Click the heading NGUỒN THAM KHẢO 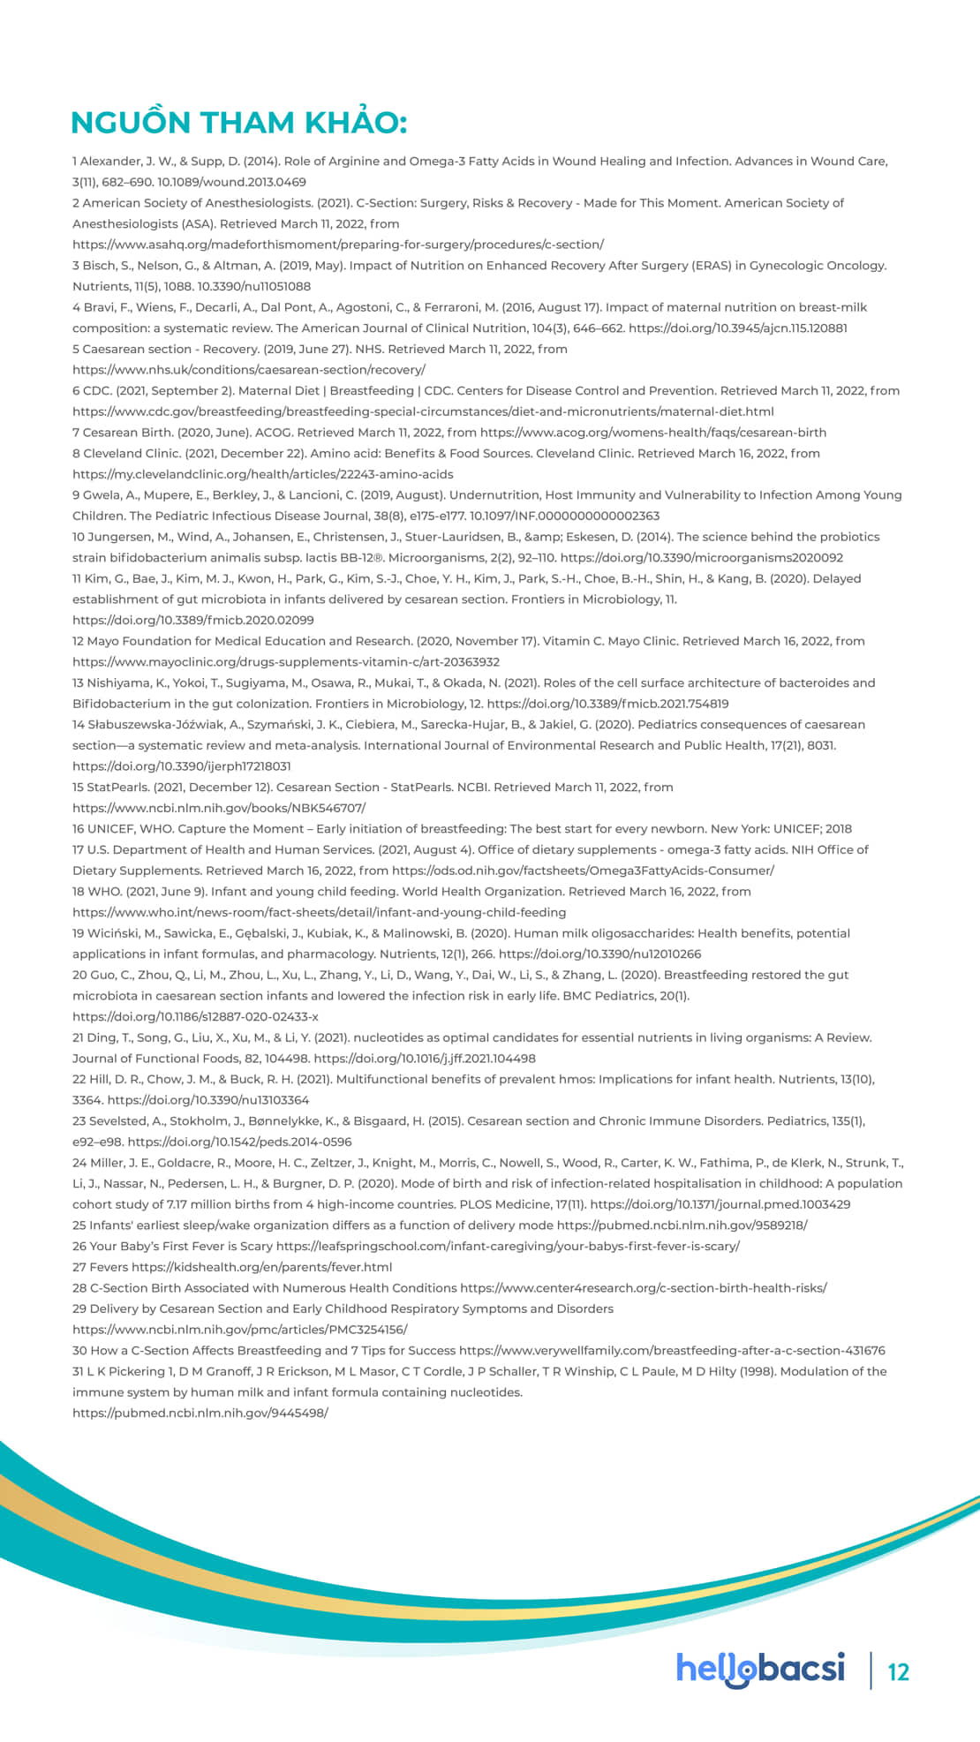coord(238,123)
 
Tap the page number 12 coord(898,1671)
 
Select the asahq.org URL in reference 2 coord(338,245)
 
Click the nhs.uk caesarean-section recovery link coord(248,370)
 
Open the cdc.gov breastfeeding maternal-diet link coord(423,411)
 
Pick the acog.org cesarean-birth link coord(653,433)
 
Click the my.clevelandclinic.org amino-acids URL coord(262,474)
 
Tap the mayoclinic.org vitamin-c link coord(286,662)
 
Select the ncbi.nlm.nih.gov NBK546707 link coord(218,808)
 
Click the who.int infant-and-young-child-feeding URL coord(319,912)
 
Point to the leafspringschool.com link coord(508,1246)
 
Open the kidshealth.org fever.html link coord(262,1267)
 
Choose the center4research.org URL coord(643,1288)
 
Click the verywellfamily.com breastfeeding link coord(671,1351)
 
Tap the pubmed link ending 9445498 coord(200,1413)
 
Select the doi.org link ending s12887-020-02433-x coord(195,1016)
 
